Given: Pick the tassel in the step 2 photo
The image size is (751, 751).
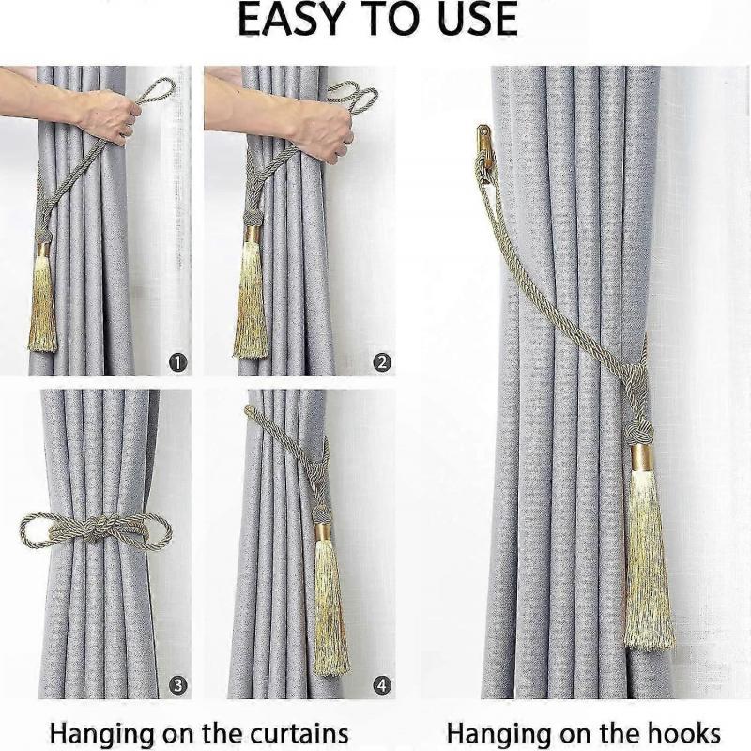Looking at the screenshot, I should [250, 300].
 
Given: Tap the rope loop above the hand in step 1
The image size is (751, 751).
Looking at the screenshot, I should [158, 92].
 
